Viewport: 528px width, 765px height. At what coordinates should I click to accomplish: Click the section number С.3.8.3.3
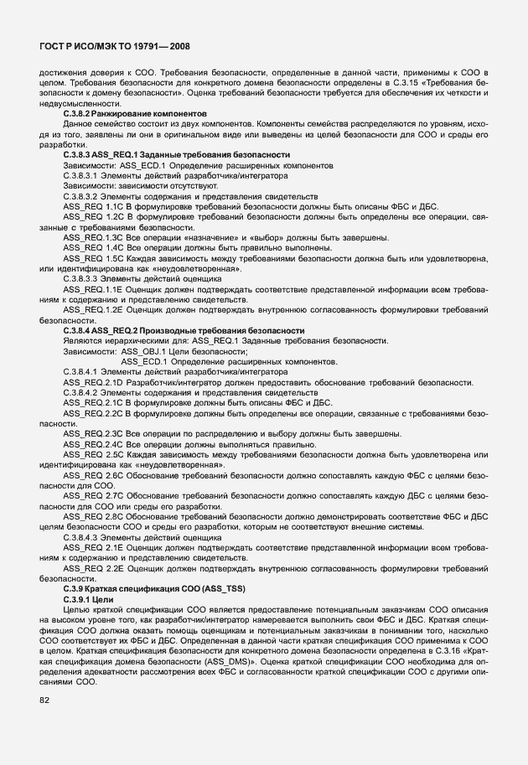[81, 278]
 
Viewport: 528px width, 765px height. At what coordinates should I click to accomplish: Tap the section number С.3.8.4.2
[81, 392]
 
